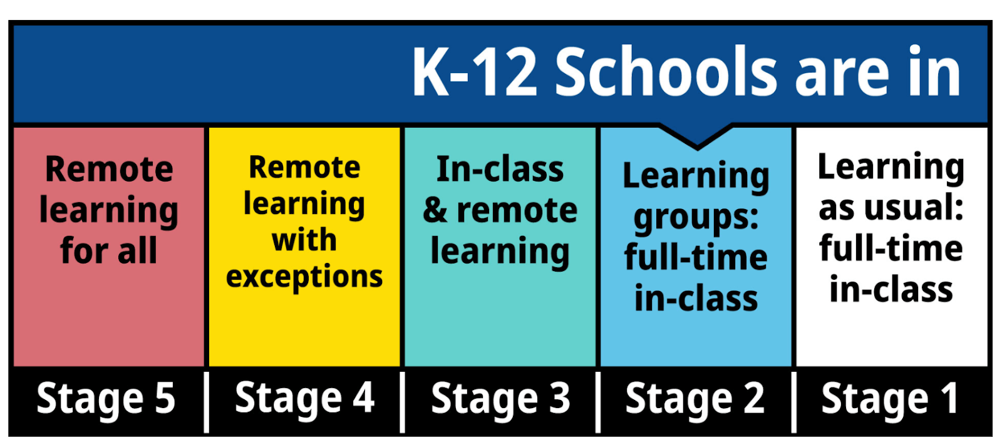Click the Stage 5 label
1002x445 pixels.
[x=106, y=399]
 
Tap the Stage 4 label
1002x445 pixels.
[x=304, y=398]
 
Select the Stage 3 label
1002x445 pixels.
[x=500, y=399]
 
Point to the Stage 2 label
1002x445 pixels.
[x=695, y=399]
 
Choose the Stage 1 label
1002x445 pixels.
[x=890, y=399]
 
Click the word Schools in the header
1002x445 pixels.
[x=666, y=71]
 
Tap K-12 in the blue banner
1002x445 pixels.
[x=475, y=71]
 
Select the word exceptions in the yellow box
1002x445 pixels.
[x=304, y=277]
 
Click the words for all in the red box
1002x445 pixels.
[x=109, y=250]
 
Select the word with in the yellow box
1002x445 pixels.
[x=304, y=240]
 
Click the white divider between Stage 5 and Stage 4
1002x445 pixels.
[x=206, y=402]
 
